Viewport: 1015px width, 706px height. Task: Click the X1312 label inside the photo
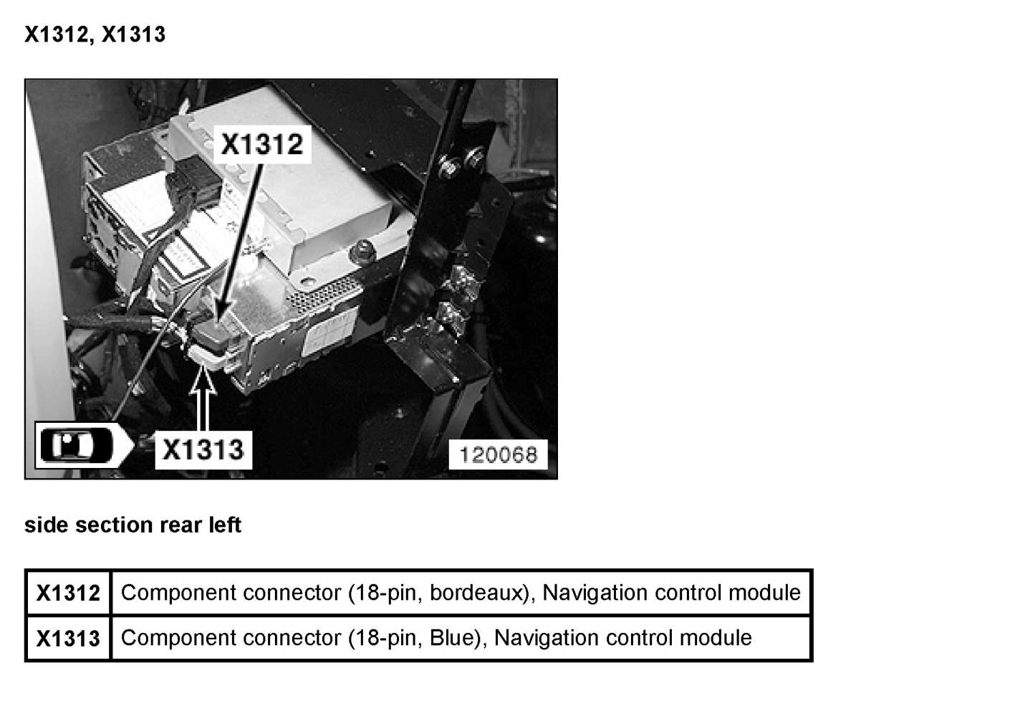pos(261,144)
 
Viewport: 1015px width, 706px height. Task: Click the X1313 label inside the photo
pos(203,449)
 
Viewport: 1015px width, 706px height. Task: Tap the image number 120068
pos(498,454)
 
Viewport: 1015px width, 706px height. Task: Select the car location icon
pos(77,445)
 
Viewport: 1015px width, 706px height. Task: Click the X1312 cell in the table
pos(68,593)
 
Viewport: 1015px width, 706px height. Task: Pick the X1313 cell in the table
pos(68,638)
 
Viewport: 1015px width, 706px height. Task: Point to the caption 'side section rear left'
pos(133,525)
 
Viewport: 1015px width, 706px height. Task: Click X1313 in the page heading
pos(133,34)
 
